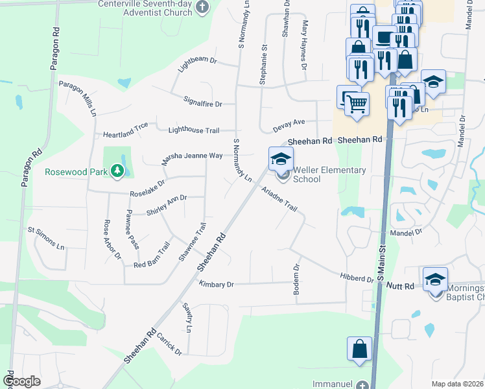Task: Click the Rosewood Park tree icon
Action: (x=117, y=171)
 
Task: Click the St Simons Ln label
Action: (x=46, y=238)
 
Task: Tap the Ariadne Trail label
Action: (x=279, y=199)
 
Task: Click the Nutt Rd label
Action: (x=400, y=285)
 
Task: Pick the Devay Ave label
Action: (x=289, y=125)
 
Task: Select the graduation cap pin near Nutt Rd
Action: (x=435, y=279)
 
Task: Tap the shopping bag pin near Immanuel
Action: (x=359, y=349)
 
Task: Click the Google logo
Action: (x=21, y=381)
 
